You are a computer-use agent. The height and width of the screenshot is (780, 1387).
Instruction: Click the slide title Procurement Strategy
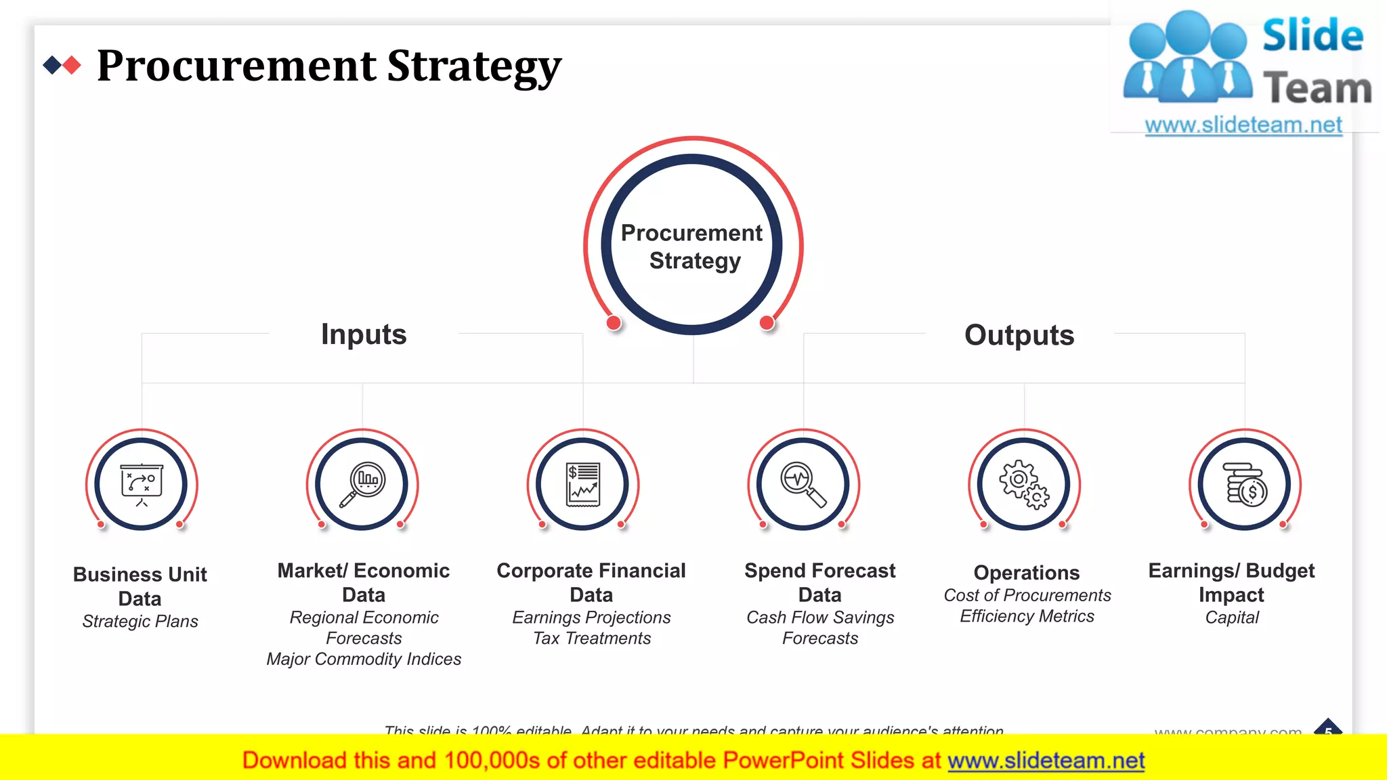pos(329,66)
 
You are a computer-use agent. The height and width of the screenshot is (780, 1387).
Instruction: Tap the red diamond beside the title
pos(72,66)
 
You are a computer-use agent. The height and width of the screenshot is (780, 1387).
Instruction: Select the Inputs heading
pos(364,334)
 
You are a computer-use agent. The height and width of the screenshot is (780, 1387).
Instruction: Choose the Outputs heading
pos(1019,335)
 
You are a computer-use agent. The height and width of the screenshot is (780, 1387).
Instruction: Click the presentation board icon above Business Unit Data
pos(141,484)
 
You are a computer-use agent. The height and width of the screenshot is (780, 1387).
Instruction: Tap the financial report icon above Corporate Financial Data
pos(583,484)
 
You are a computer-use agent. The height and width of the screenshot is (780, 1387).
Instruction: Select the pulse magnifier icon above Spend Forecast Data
pos(803,484)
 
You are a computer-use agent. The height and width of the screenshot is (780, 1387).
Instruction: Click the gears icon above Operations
pos(1024,484)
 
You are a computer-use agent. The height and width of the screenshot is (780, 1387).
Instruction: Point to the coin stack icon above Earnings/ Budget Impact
pos(1245,484)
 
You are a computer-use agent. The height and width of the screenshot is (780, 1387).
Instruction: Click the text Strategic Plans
pos(140,622)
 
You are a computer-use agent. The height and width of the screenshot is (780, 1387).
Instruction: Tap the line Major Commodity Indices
pos(364,659)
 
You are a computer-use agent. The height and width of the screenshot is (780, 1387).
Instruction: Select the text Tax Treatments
pos(592,638)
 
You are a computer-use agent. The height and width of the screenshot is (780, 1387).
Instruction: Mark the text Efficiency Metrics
pos(1027,616)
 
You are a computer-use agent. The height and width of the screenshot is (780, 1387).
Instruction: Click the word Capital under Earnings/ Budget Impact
pos(1232,617)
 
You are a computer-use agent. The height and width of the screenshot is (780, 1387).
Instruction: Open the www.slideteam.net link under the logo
pos(1243,125)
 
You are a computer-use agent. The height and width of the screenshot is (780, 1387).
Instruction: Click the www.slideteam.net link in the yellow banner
pos(1046,761)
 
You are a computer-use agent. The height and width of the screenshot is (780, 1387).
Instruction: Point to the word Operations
pos(1027,573)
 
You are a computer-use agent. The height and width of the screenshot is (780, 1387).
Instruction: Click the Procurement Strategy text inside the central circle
pos(692,246)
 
